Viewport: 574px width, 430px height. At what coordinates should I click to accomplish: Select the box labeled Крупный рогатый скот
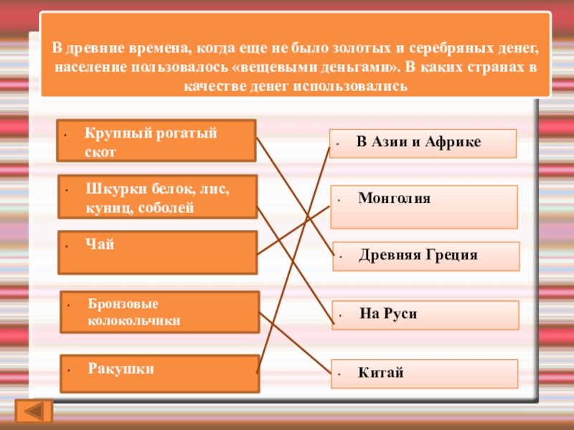[x=156, y=140]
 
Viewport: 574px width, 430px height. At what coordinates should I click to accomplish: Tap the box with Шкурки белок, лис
[x=156, y=197]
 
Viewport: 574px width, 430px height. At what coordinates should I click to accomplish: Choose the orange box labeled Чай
[x=156, y=252]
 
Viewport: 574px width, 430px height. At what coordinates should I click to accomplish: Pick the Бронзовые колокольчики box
[x=159, y=312]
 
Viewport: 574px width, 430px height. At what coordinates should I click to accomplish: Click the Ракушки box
[x=159, y=373]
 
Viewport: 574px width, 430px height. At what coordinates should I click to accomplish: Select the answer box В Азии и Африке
[x=423, y=143]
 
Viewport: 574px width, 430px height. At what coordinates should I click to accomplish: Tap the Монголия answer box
[x=424, y=206]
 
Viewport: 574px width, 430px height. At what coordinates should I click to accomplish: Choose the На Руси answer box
[x=425, y=315]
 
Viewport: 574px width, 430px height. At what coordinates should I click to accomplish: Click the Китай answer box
[x=425, y=373]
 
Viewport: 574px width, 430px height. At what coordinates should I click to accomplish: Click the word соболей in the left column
[x=170, y=208]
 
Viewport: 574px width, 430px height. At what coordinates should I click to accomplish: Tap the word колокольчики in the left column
[x=133, y=320]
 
